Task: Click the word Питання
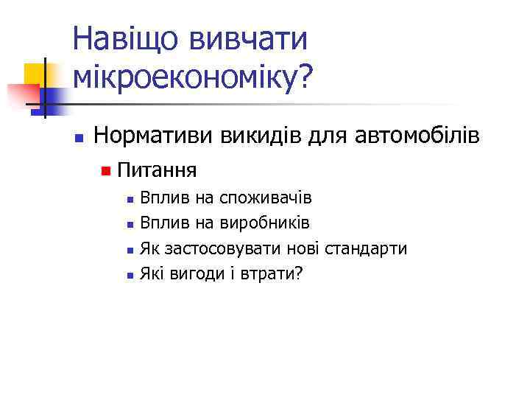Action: point(156,171)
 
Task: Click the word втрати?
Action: point(275,274)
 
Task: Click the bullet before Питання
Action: point(107,172)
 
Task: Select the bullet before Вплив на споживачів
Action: point(130,199)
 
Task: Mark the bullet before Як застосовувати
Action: point(130,250)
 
